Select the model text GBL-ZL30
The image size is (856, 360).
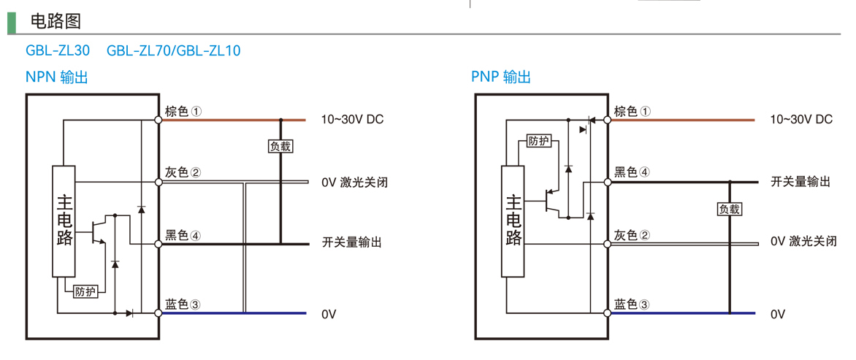(x=58, y=51)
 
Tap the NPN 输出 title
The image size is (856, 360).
(x=57, y=77)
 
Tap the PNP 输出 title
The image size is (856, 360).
(x=501, y=77)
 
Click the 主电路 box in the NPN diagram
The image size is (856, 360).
(x=64, y=221)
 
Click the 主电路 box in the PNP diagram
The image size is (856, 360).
(x=513, y=221)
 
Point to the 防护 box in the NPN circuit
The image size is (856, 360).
(x=85, y=291)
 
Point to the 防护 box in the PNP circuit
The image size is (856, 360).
(x=539, y=141)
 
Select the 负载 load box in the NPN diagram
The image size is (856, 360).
(x=280, y=146)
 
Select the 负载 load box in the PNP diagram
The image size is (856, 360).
(x=729, y=209)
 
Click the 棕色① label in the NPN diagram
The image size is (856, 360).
(x=183, y=111)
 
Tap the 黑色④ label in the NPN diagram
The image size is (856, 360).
(x=183, y=235)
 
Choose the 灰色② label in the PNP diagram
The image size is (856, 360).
(x=633, y=235)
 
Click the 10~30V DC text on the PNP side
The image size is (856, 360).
(x=801, y=119)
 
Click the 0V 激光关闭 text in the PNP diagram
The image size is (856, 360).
(x=803, y=242)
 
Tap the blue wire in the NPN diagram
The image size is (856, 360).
(x=234, y=313)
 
